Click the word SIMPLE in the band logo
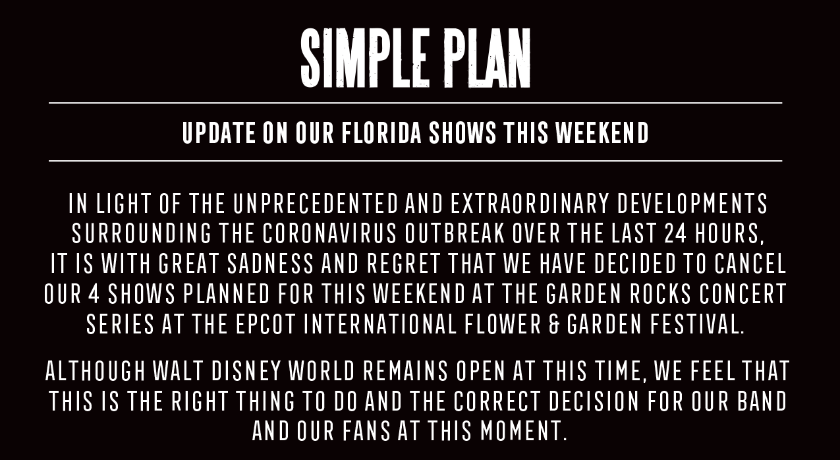tap(364, 58)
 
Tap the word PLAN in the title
tap(487, 58)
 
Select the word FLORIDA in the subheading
tap(381, 132)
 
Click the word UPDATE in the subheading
tap(219, 132)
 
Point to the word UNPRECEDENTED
tap(316, 204)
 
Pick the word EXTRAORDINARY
tap(530, 204)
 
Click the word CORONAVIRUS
tap(329, 233)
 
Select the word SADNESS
tap(270, 264)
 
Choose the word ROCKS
tap(660, 293)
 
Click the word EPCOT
tap(266, 324)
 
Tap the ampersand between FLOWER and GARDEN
tap(554, 324)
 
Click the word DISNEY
tap(246, 370)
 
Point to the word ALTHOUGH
tap(96, 370)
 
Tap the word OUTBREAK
tap(455, 233)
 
